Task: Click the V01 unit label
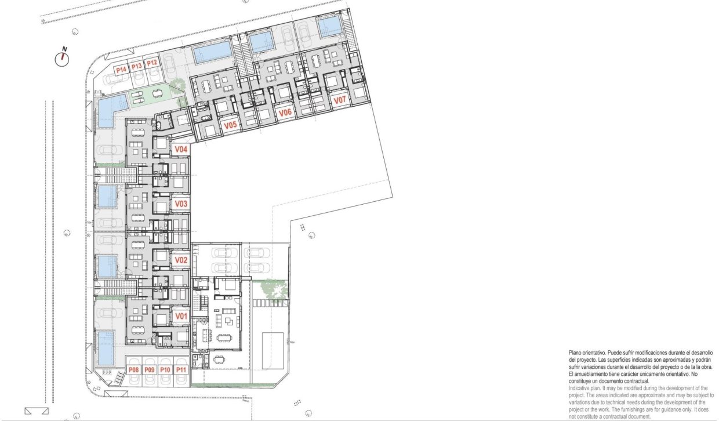pyautogui.click(x=181, y=316)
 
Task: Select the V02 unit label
pyautogui.click(x=181, y=260)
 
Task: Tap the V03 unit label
pyautogui.click(x=181, y=204)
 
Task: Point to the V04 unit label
pyautogui.click(x=181, y=150)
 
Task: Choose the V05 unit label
pyautogui.click(x=230, y=125)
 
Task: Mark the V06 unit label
pyautogui.click(x=284, y=112)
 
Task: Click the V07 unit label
pyautogui.click(x=340, y=100)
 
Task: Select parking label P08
pyautogui.click(x=134, y=369)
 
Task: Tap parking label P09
pyautogui.click(x=150, y=369)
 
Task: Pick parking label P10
pyautogui.click(x=165, y=369)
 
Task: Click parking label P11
pyautogui.click(x=181, y=369)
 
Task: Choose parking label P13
pyautogui.click(x=137, y=66)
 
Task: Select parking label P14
pyautogui.click(x=121, y=70)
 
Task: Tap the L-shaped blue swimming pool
pyautogui.click(x=110, y=110)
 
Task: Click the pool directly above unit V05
pyautogui.click(x=212, y=53)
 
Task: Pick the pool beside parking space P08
pyautogui.click(x=106, y=344)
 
